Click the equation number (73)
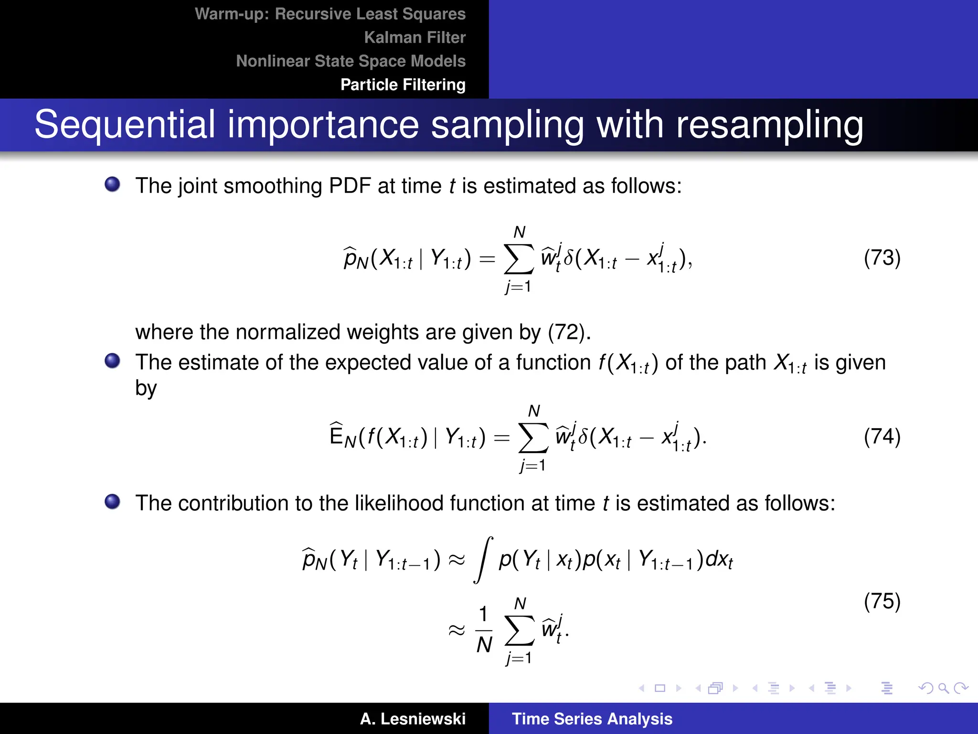pyautogui.click(x=882, y=258)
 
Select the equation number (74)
pyautogui.click(x=882, y=437)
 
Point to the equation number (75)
pyautogui.click(x=882, y=601)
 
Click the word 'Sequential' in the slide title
pyautogui.click(x=125, y=125)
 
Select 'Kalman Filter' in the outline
pyautogui.click(x=415, y=37)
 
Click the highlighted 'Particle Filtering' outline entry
pyautogui.click(x=403, y=85)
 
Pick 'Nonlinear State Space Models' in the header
pyautogui.click(x=351, y=61)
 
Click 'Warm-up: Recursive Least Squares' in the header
pyautogui.click(x=330, y=14)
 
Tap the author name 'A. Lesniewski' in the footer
pyautogui.click(x=413, y=719)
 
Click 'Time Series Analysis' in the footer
pyautogui.click(x=592, y=719)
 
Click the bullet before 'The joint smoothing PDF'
pyautogui.click(x=112, y=184)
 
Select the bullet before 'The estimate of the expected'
pyautogui.click(x=112, y=361)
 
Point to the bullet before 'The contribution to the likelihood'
pyautogui.click(x=112, y=501)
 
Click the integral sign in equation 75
pyautogui.click(x=483, y=560)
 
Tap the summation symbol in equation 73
pyautogui.click(x=519, y=259)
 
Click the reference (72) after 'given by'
pyautogui.click(x=566, y=332)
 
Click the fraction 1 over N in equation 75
pyautogui.click(x=484, y=629)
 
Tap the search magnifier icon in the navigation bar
pyautogui.click(x=943, y=688)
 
